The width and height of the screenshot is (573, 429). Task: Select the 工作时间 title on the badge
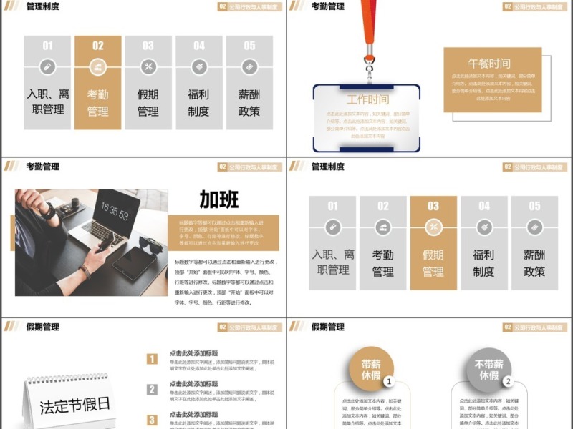(367, 99)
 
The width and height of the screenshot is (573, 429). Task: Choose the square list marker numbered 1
(152, 359)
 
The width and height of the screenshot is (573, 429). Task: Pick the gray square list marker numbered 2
(152, 390)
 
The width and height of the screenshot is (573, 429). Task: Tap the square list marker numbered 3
(152, 420)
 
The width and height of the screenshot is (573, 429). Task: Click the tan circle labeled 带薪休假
(371, 369)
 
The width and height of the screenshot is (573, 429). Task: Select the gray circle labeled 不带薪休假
(489, 369)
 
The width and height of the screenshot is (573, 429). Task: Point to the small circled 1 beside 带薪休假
(388, 381)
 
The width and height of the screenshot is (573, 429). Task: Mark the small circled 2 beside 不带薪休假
(507, 381)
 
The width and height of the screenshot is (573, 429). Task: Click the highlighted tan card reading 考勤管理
(97, 82)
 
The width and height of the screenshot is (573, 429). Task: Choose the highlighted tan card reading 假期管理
(433, 243)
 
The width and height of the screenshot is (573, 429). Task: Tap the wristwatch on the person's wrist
(49, 212)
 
